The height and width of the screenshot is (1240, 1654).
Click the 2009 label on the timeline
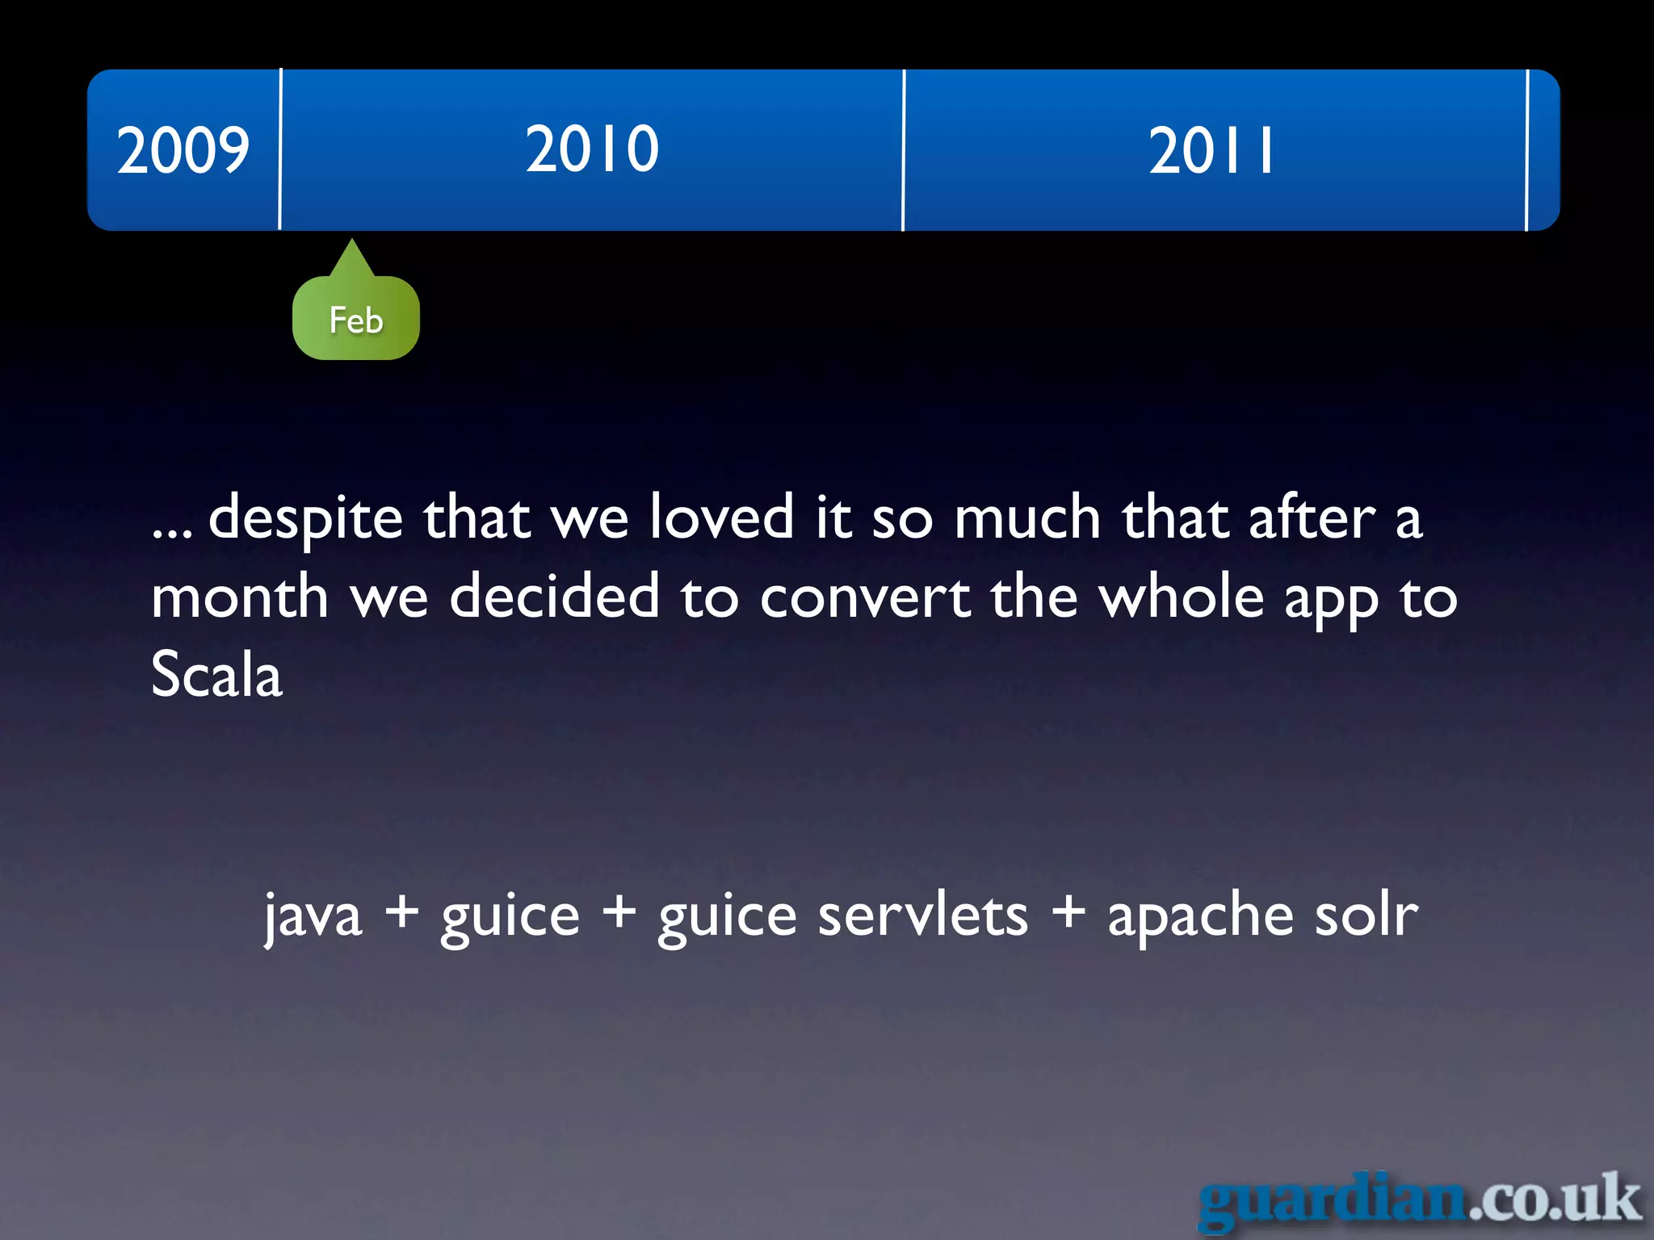[183, 150]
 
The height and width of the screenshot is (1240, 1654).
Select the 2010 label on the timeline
[592, 149]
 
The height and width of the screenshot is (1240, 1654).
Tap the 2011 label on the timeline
[1211, 151]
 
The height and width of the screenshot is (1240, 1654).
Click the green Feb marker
[355, 319]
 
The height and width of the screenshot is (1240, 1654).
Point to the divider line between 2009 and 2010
[280, 150]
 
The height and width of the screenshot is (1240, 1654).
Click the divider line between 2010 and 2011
[904, 150]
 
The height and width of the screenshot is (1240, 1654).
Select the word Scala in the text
[216, 675]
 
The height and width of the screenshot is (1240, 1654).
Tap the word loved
[721, 517]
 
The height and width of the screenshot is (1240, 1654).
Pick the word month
[240, 597]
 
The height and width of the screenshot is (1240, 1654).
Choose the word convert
[865, 597]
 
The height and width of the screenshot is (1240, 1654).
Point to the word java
[313, 917]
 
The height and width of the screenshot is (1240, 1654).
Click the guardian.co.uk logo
[1420, 1200]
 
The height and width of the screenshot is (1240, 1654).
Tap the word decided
[554, 597]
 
